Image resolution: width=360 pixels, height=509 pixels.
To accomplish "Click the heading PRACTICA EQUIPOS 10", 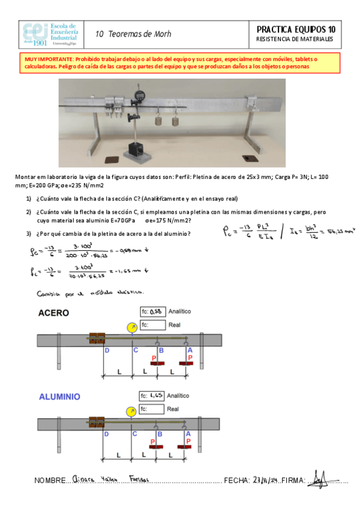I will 296,29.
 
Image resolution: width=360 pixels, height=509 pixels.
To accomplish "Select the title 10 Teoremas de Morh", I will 133,34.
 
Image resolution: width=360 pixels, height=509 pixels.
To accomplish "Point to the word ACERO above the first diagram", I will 54,313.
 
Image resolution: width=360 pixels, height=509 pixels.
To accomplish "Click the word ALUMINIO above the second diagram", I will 60,397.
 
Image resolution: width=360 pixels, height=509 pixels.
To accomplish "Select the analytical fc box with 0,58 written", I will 152,312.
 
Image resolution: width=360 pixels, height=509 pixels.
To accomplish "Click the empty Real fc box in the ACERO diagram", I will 152,325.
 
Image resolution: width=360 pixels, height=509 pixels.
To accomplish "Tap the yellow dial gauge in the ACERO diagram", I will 131,328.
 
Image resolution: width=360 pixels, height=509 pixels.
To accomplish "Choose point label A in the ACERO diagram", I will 190,350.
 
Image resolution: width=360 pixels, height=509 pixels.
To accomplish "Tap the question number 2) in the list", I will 28,212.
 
